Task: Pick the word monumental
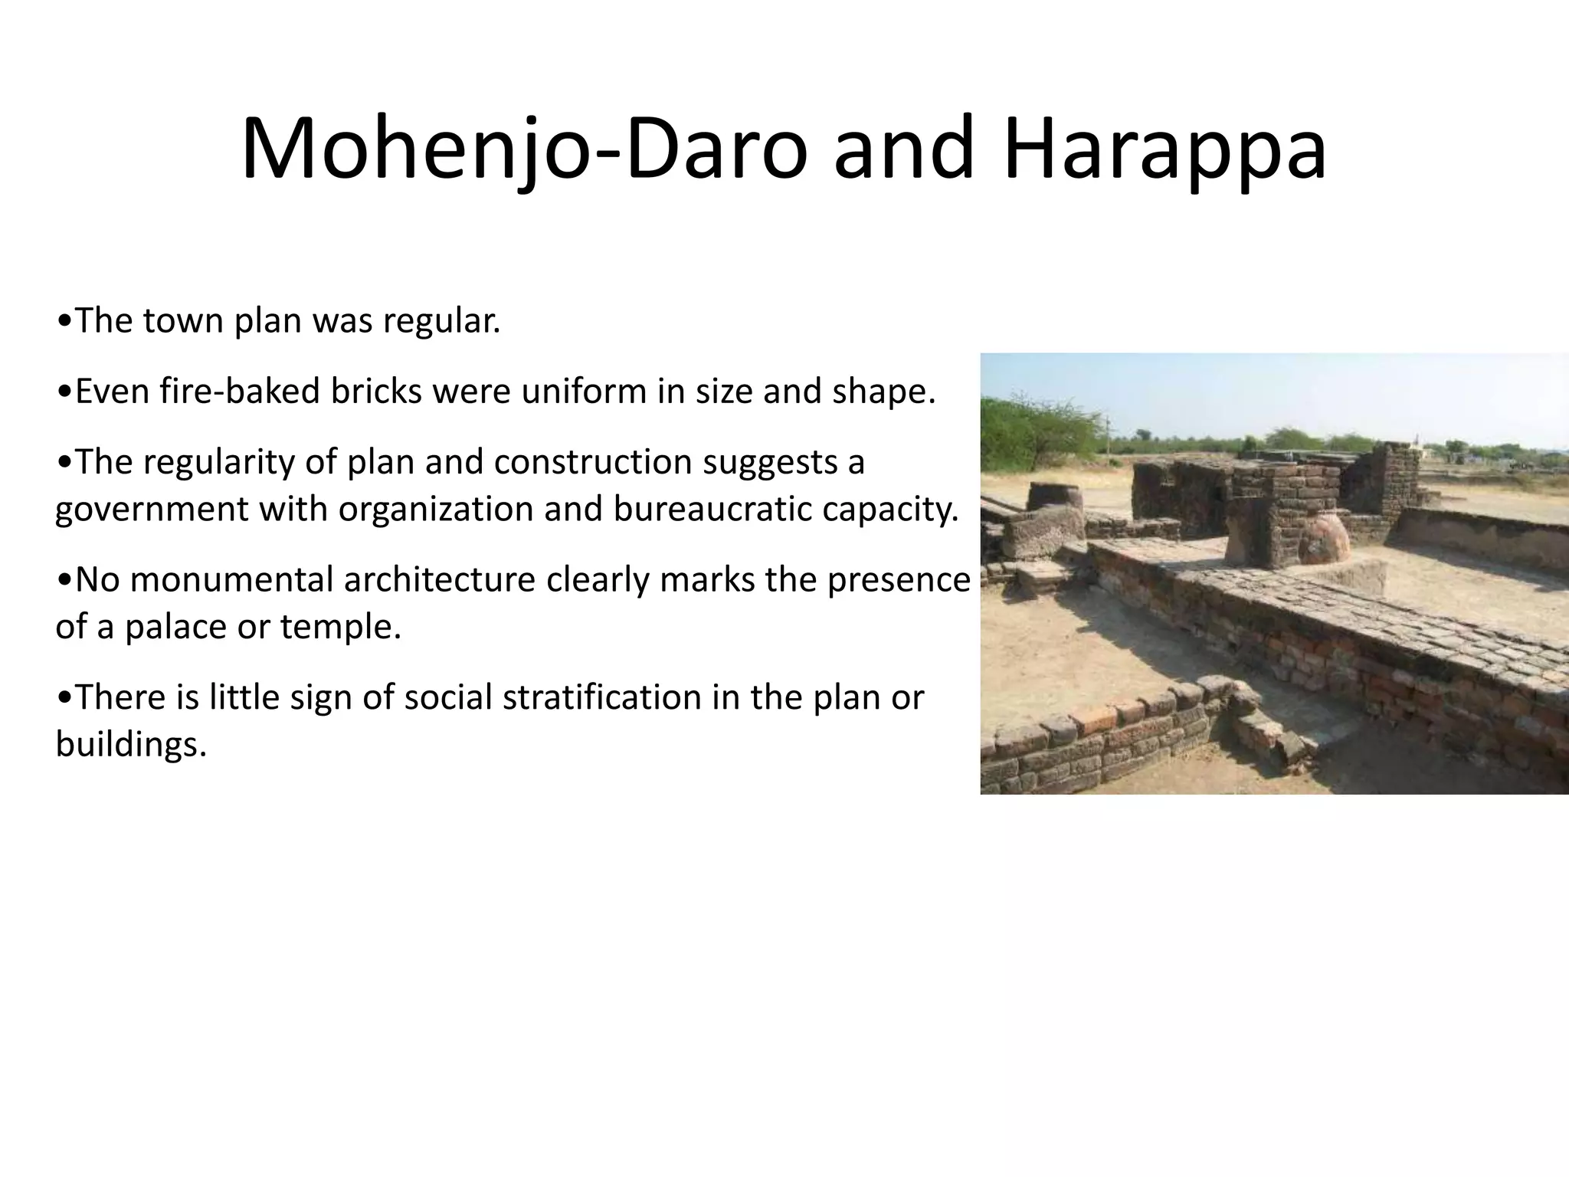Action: click(x=231, y=580)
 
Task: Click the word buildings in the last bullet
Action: click(x=131, y=744)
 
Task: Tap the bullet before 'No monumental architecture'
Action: click(x=64, y=580)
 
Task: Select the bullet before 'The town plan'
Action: click(x=64, y=321)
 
